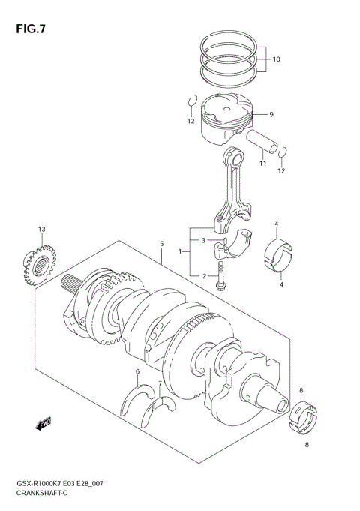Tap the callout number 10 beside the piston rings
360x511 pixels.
(x=276, y=59)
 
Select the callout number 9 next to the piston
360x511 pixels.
(x=271, y=114)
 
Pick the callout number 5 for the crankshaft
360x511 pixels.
(x=160, y=244)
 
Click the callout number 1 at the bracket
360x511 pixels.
(x=180, y=253)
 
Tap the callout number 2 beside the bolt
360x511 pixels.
(x=202, y=277)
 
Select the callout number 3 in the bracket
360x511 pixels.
(x=202, y=240)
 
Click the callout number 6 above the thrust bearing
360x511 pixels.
(x=138, y=372)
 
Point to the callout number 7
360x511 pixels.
(x=159, y=383)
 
